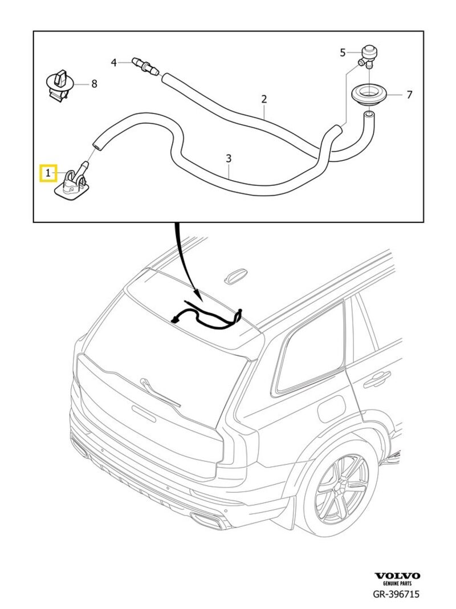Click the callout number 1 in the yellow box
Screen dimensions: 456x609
(48, 173)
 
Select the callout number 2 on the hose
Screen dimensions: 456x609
(264, 99)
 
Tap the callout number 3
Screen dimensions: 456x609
(229, 159)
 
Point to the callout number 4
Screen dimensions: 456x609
(113, 62)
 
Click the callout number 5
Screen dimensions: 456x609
(343, 52)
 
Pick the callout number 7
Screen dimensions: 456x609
(409, 95)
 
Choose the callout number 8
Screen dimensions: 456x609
(94, 83)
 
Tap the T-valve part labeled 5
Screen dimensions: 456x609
(368, 56)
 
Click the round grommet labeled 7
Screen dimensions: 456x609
(367, 94)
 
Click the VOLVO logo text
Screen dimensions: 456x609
(397, 576)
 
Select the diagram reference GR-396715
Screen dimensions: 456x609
(396, 594)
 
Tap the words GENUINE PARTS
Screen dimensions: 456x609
(397, 584)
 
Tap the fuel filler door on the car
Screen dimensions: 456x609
(331, 407)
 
